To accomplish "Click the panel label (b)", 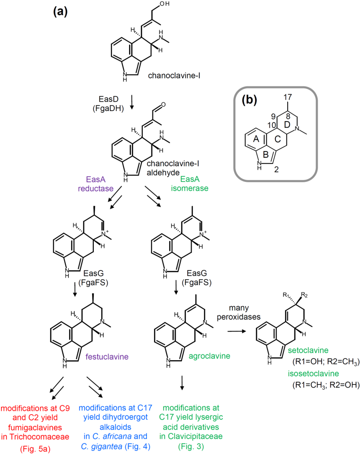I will [x=249, y=100].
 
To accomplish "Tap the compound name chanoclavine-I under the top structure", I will [x=174, y=76].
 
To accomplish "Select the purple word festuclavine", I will [x=107, y=357].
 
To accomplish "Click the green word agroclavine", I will [x=209, y=356].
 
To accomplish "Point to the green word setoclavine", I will [x=308, y=350].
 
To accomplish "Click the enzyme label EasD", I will [x=108, y=99].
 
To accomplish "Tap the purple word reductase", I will [x=96, y=189].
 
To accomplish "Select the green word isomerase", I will [x=189, y=188].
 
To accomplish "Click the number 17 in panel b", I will [x=287, y=97].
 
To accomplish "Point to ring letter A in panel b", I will [x=256, y=139].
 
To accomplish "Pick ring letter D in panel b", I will [x=287, y=125].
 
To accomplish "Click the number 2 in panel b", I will [x=276, y=170].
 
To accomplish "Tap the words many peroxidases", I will [x=239, y=312].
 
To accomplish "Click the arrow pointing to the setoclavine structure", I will [x=237, y=331].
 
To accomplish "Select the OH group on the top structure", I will [x=164, y=4].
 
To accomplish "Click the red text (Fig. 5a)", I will [x=35, y=449].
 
